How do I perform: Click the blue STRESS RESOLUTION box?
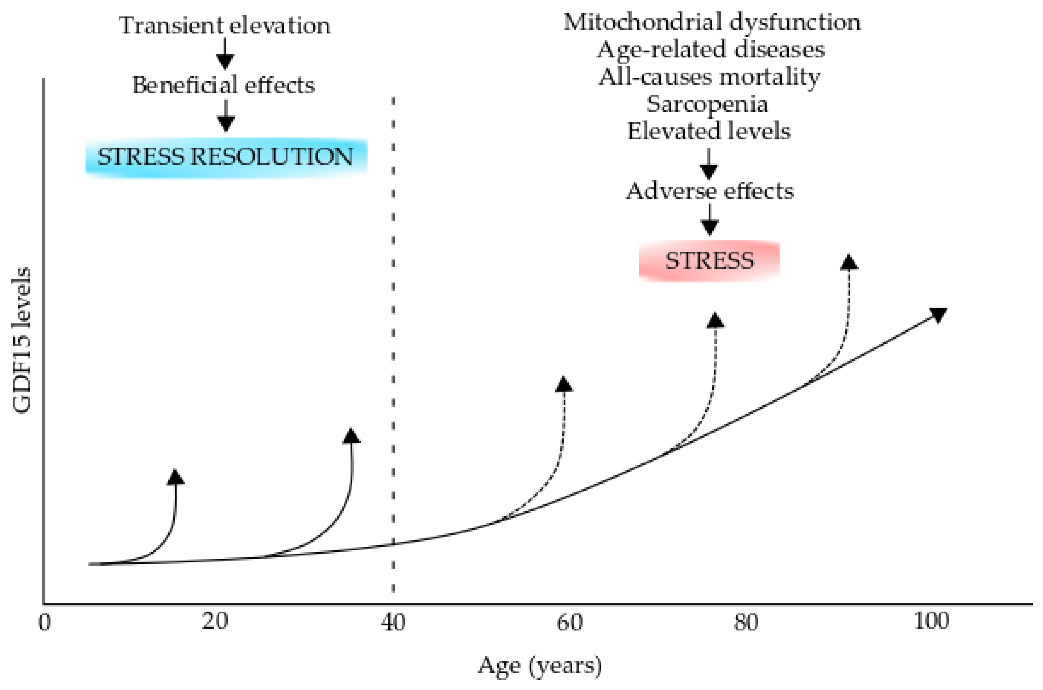tap(226, 157)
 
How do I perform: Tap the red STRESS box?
tap(709, 261)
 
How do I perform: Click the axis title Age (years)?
tap(539, 665)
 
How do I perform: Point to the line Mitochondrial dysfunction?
tap(712, 22)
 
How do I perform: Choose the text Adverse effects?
tap(710, 191)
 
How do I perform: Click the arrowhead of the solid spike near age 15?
tap(176, 477)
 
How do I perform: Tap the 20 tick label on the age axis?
tap(215, 621)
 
